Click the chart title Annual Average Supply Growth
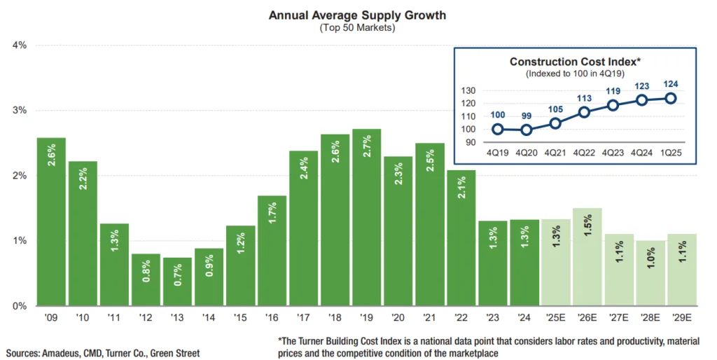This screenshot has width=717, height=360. [x=357, y=15]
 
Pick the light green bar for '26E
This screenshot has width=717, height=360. [x=587, y=256]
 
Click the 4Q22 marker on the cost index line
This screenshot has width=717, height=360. [x=584, y=112]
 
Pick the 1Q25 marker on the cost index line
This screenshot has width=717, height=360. [x=670, y=98]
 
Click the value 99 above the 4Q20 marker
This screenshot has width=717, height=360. [x=526, y=116]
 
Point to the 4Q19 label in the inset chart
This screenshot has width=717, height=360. [x=497, y=152]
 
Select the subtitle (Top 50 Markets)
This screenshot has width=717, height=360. [x=357, y=28]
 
